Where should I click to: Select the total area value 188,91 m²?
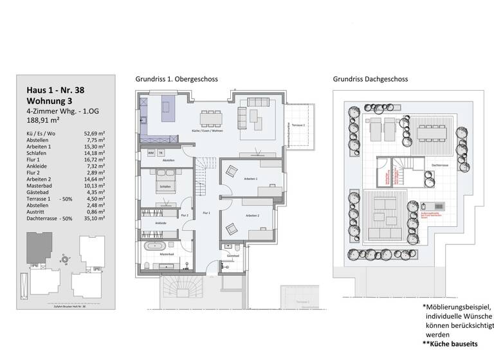click(42, 120)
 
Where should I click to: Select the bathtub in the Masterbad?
click(157, 247)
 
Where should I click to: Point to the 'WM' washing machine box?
click(151, 154)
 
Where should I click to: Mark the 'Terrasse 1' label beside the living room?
click(297, 124)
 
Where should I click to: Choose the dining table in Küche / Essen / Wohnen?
click(212, 118)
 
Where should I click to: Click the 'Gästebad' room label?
click(233, 255)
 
